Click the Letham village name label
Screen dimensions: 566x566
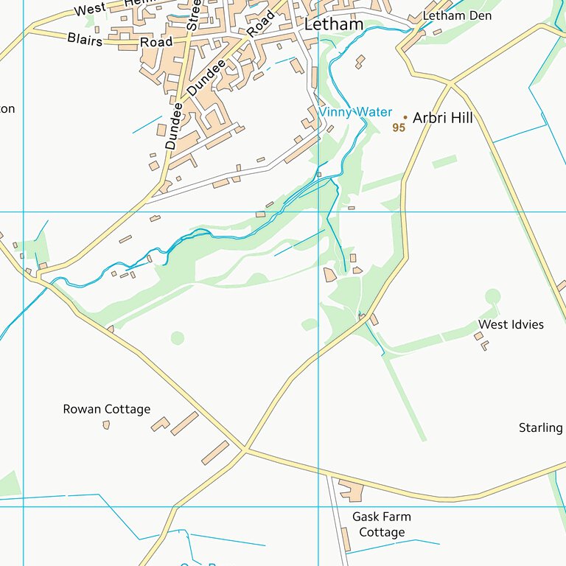334,24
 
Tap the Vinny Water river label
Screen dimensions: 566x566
355,112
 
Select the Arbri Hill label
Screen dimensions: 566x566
442,118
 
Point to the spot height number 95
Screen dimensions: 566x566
399,127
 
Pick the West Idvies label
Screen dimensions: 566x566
511,324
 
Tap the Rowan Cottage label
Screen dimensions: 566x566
106,409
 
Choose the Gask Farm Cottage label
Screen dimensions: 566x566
381,524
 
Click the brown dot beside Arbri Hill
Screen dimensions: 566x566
405,116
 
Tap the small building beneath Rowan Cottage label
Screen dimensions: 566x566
106,424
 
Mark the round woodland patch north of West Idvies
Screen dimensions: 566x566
492,296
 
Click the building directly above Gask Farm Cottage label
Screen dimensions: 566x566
350,490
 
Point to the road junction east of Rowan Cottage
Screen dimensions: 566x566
245,449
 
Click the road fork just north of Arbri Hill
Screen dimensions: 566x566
450,83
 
